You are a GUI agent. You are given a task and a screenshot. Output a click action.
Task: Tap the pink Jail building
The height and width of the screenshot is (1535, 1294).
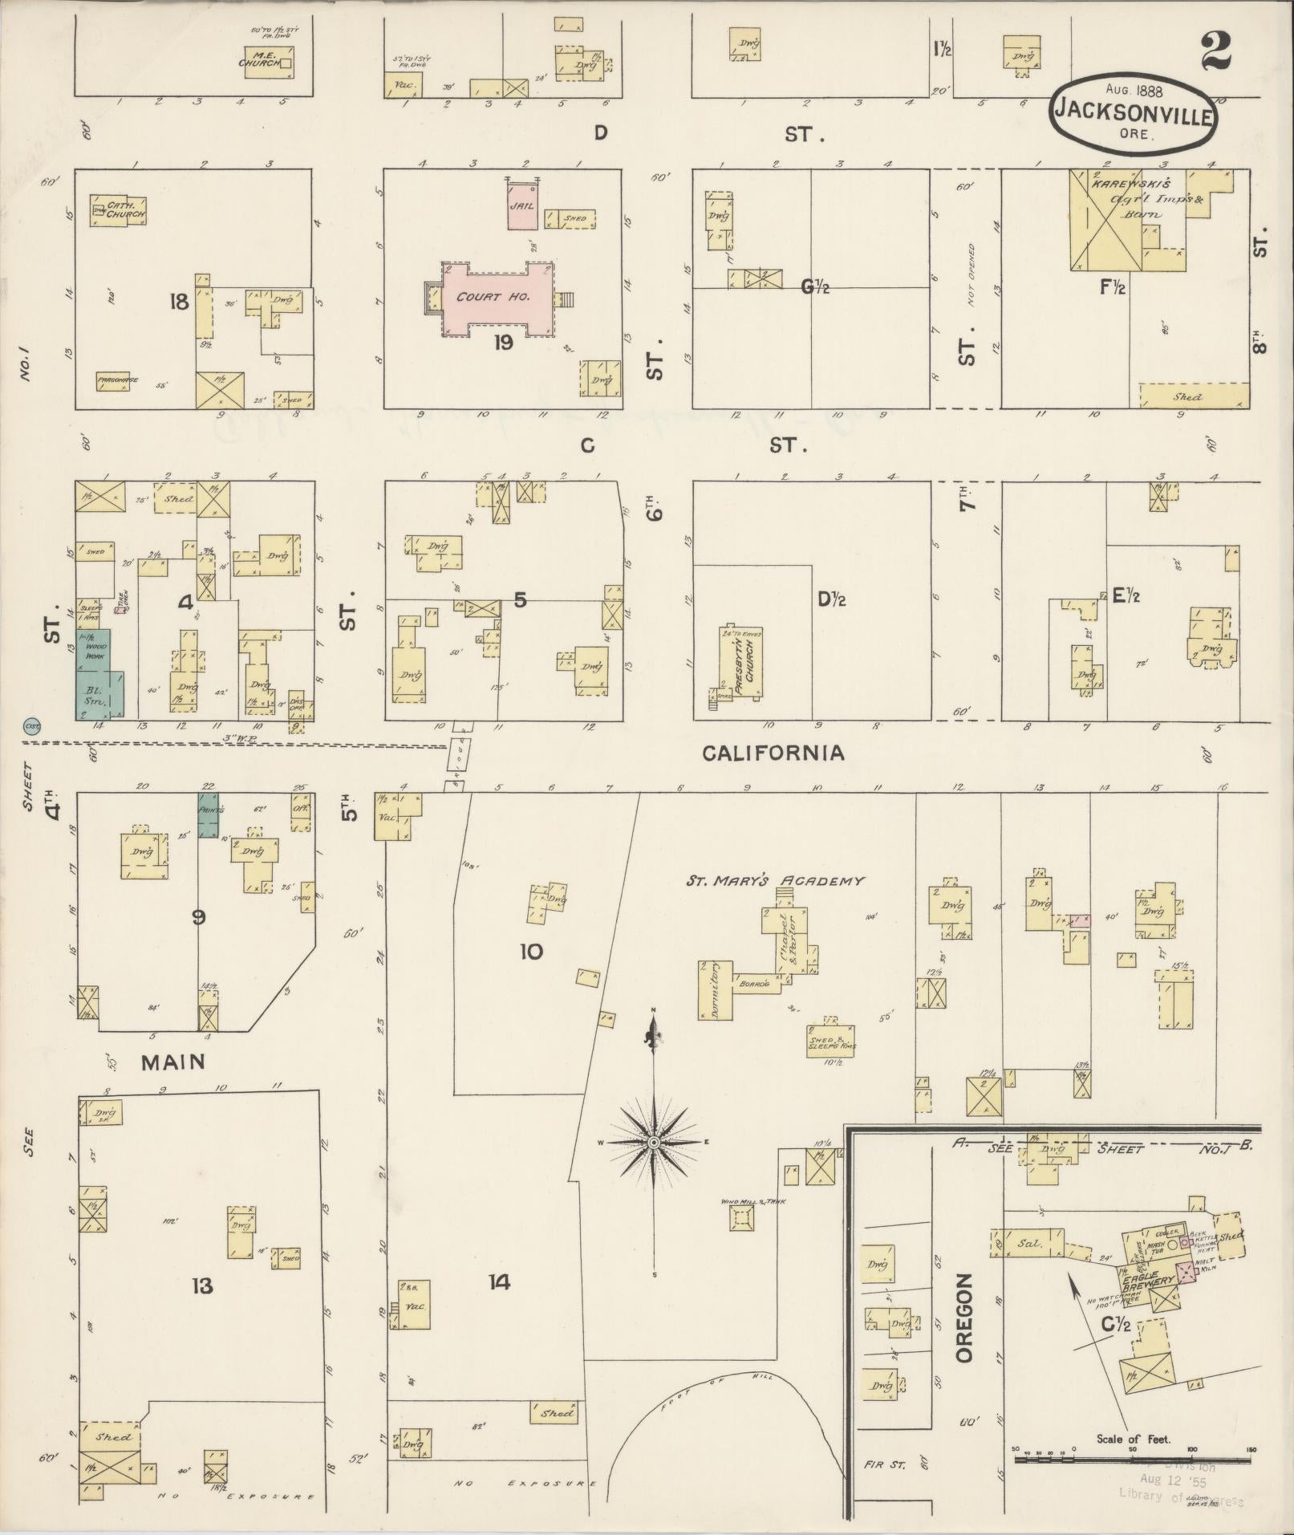click(521, 205)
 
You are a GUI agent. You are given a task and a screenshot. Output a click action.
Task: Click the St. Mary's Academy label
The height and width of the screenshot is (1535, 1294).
click(774, 881)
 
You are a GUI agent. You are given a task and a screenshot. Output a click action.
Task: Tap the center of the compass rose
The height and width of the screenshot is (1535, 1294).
click(654, 1141)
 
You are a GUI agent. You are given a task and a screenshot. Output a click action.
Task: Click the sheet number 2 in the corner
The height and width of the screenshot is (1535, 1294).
click(1217, 53)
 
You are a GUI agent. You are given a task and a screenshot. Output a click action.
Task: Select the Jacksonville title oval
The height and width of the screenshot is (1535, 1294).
click(1131, 113)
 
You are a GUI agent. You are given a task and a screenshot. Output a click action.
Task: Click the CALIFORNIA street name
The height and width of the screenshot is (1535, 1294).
click(773, 753)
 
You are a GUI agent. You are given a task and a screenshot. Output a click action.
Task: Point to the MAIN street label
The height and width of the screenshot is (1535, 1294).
click(173, 1062)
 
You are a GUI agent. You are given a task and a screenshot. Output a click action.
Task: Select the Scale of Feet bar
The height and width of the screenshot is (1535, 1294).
click(1134, 1460)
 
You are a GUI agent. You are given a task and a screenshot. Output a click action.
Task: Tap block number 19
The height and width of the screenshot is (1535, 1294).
click(503, 343)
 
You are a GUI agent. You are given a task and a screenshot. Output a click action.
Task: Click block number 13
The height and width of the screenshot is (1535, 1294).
click(201, 1286)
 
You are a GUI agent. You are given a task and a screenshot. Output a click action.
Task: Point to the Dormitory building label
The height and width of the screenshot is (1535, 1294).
click(715, 990)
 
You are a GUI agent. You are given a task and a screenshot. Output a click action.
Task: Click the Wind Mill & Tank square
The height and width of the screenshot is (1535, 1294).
click(741, 1241)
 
